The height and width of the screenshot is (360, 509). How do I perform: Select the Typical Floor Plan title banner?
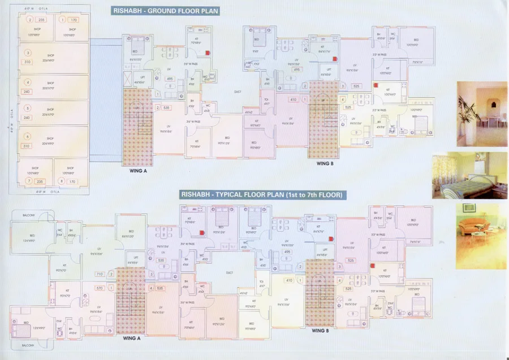tap(262, 195)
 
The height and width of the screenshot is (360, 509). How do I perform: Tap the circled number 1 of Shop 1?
tap(62, 20)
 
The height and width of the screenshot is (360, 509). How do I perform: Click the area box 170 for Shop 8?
tap(72, 181)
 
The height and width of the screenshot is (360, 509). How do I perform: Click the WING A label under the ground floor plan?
tap(137, 170)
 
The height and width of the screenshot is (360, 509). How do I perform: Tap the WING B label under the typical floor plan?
tap(321, 331)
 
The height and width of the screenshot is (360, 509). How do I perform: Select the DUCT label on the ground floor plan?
tap(238, 91)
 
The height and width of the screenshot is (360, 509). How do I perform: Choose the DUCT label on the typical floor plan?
tap(229, 272)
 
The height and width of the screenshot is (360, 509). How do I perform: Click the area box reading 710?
tap(100, 274)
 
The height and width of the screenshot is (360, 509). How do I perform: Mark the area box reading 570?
tap(100, 288)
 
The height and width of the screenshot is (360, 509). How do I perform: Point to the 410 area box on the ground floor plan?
tap(293, 100)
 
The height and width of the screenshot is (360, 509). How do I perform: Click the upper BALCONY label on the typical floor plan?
tap(29, 215)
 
